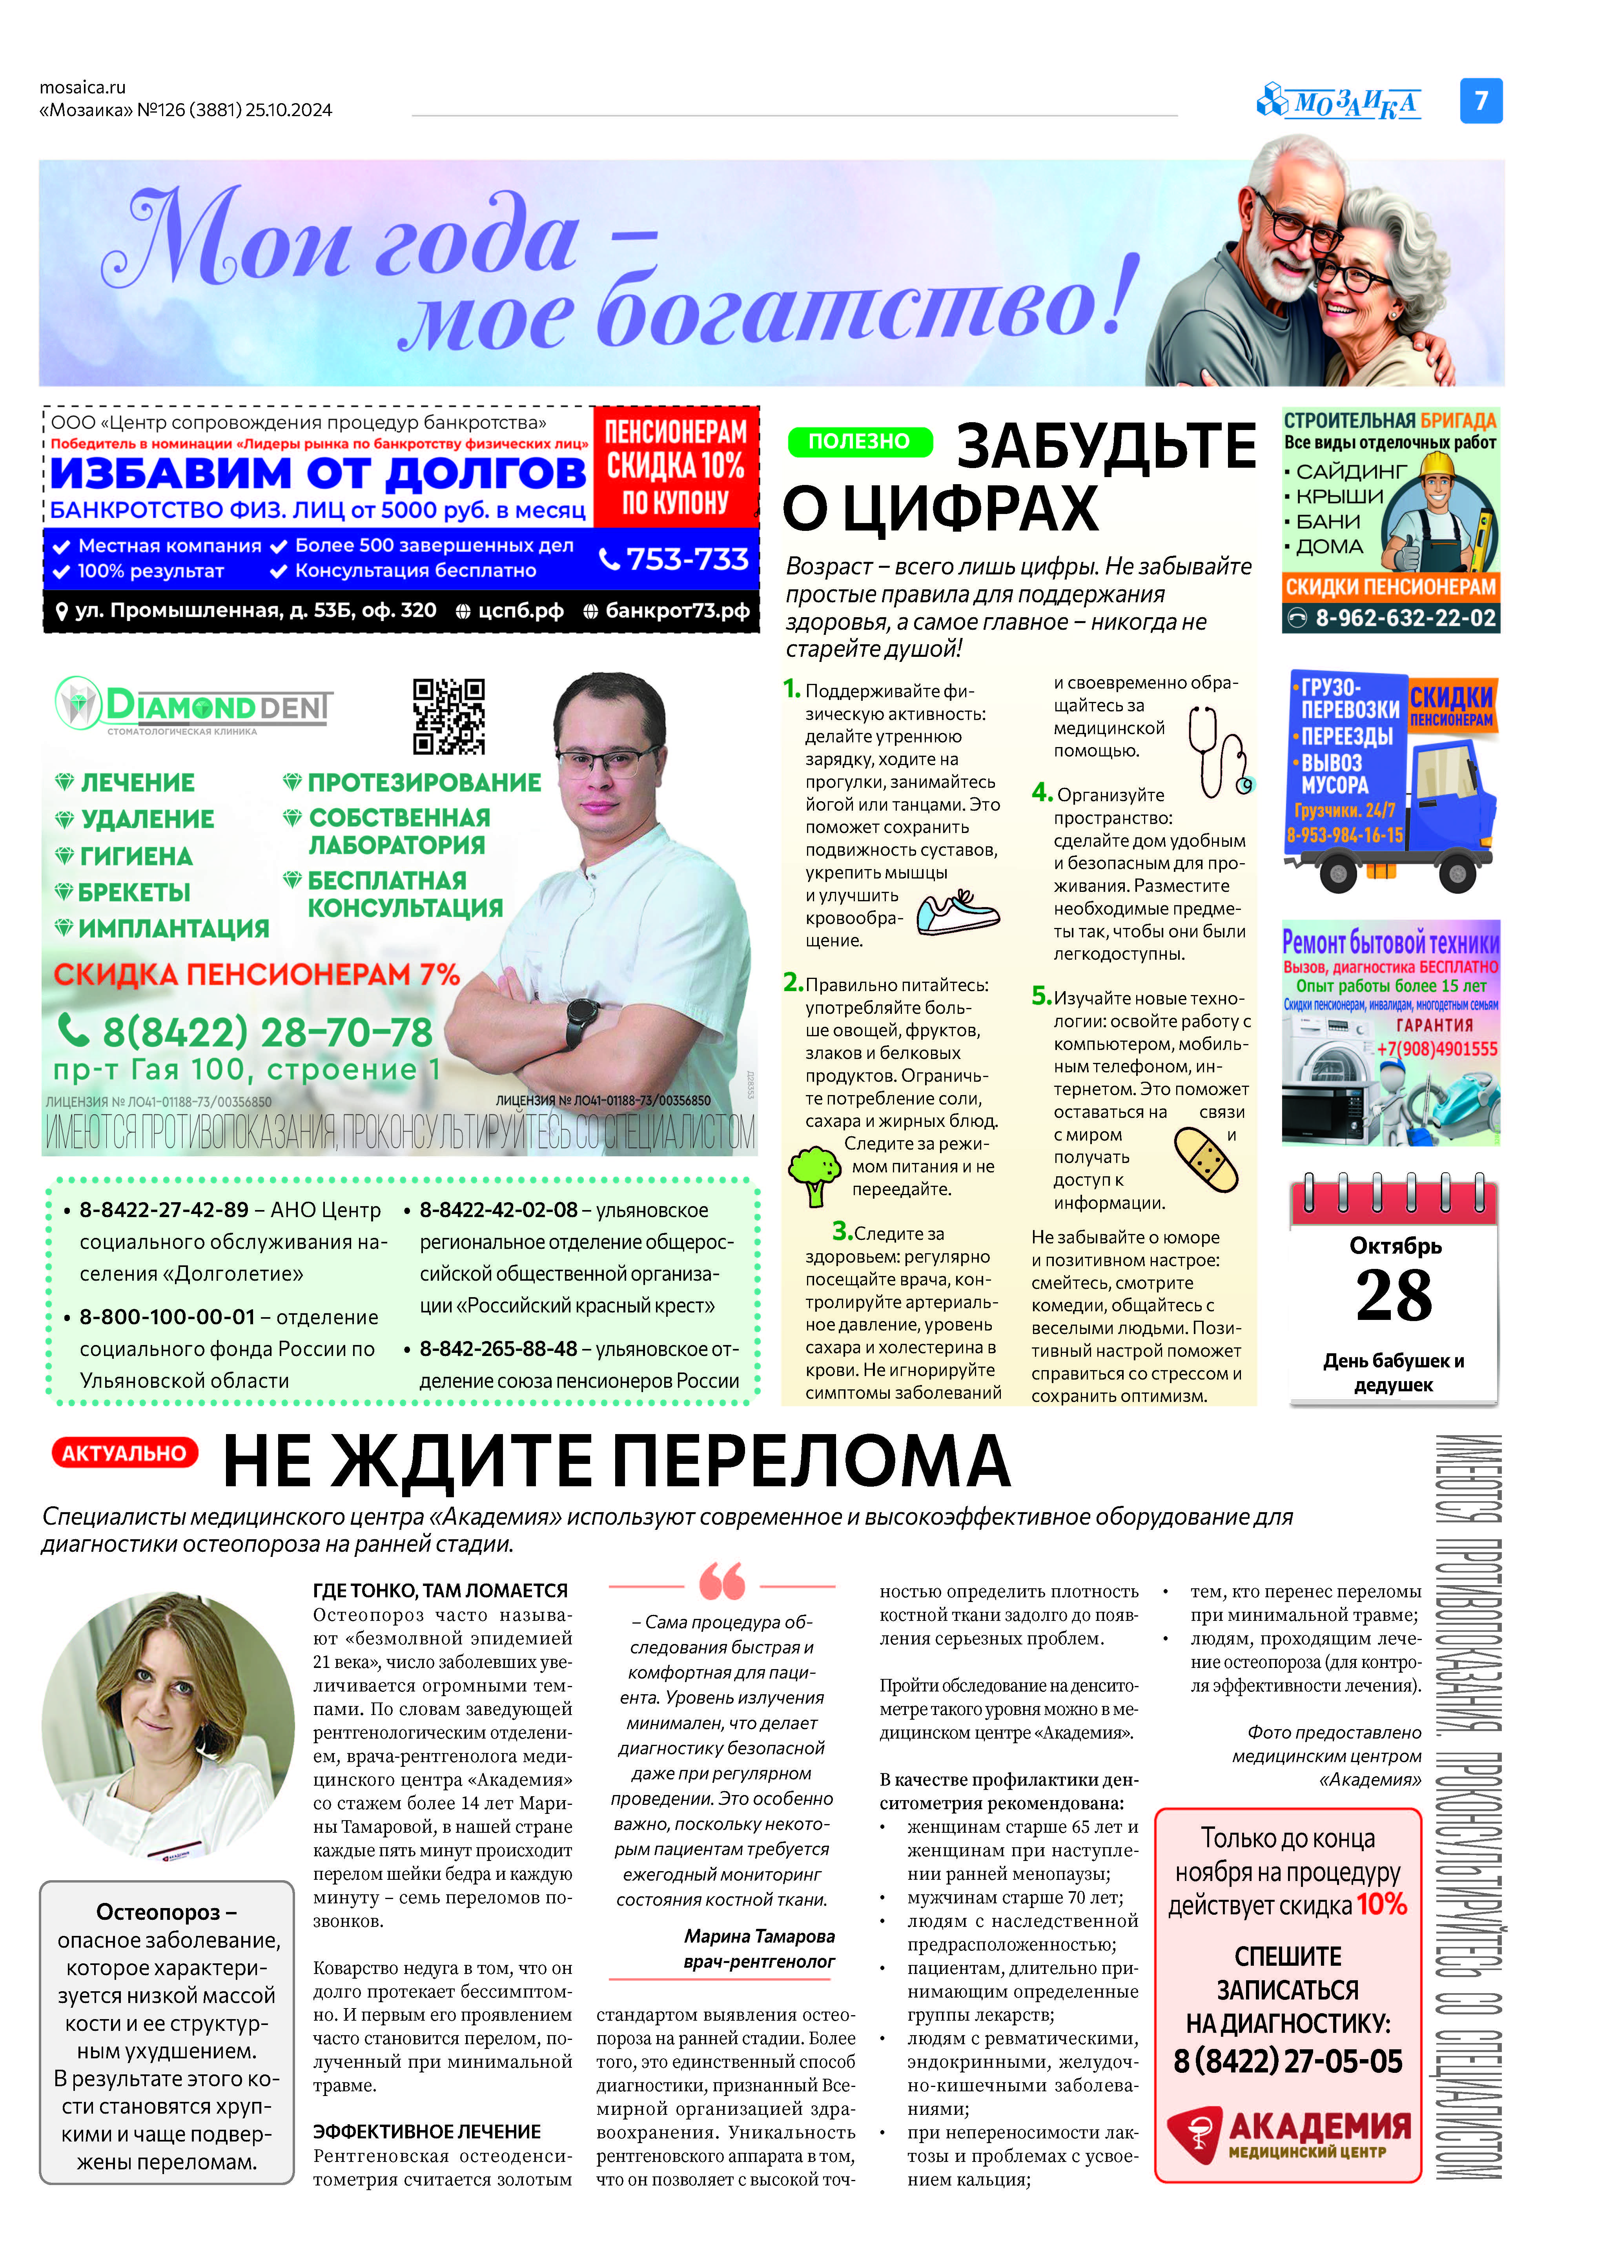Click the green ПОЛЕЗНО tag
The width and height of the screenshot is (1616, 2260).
[859, 441]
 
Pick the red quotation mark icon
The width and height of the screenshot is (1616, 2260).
[721, 1580]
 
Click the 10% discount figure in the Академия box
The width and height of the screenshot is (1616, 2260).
[1381, 1905]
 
